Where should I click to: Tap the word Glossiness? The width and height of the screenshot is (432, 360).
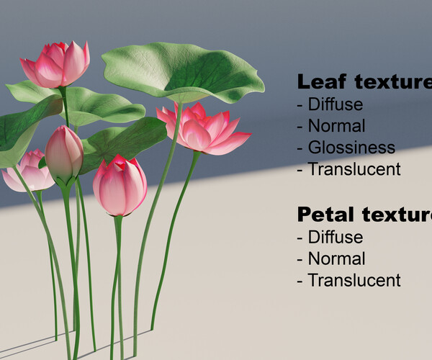(351, 148)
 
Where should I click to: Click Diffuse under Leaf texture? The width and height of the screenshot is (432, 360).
(335, 104)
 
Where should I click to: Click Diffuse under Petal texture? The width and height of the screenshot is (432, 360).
(335, 237)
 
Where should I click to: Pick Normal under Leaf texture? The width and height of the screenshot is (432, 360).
(336, 126)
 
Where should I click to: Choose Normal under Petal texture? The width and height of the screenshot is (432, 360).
(336, 258)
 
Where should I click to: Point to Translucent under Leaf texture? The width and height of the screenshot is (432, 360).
(354, 169)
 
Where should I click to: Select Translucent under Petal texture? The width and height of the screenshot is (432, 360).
(354, 280)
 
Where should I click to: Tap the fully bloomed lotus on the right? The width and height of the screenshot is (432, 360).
(204, 130)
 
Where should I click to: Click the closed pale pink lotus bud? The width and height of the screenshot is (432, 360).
(63, 155)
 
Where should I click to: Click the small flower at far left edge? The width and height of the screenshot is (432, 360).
(27, 173)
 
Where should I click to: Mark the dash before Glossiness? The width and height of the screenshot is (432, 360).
(300, 148)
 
